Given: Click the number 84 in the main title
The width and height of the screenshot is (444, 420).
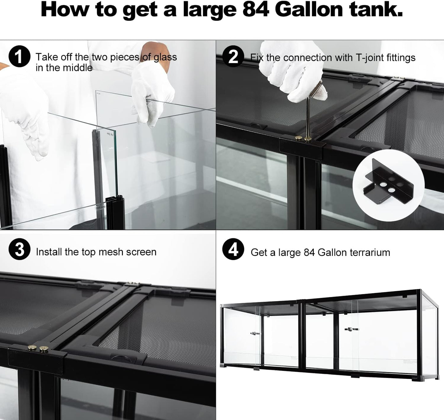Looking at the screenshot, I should pyautogui.click(x=256, y=10).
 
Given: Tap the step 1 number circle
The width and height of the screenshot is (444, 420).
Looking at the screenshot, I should pyautogui.click(x=19, y=57).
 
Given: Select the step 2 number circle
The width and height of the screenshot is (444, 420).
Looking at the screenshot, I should pyautogui.click(x=233, y=57).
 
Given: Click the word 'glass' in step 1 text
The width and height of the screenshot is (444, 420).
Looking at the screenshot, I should pyautogui.click(x=165, y=57).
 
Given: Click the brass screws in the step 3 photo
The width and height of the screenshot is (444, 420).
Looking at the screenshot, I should pyautogui.click(x=37, y=348).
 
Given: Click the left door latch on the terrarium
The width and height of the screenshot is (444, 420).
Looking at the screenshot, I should pyautogui.click(x=255, y=333).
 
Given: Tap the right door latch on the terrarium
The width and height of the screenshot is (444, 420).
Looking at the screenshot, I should pyautogui.click(x=351, y=329).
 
